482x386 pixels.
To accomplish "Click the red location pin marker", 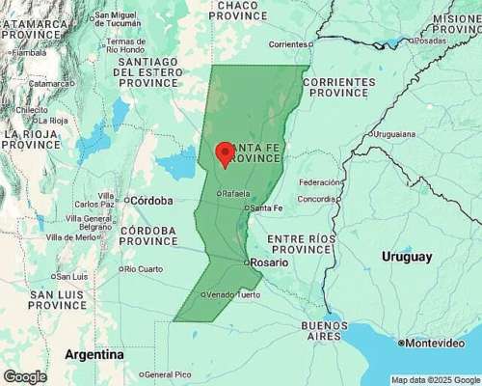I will pyautogui.click(x=225, y=154).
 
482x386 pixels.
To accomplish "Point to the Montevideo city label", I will pyautogui.click(x=435, y=343).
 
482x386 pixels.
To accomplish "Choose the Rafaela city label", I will pyautogui.click(x=237, y=193).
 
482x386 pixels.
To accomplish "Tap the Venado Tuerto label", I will pyautogui.click(x=233, y=294).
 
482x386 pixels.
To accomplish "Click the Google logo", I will pyautogui.click(x=24, y=376).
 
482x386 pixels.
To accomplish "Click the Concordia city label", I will pyautogui.click(x=318, y=199).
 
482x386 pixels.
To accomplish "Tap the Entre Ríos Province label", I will pyautogui.click(x=300, y=244).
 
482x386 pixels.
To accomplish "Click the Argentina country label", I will pyautogui.click(x=94, y=354).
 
